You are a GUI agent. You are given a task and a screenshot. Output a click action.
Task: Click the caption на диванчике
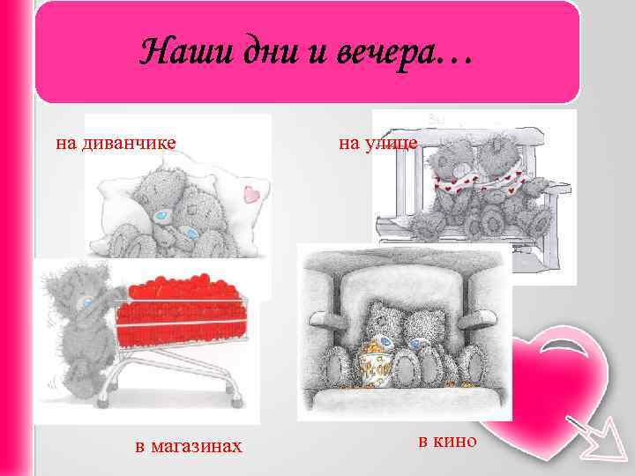(116, 142)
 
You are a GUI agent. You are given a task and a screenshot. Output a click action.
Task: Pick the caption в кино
(447, 440)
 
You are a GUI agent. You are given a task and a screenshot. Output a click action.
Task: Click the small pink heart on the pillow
(252, 193)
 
